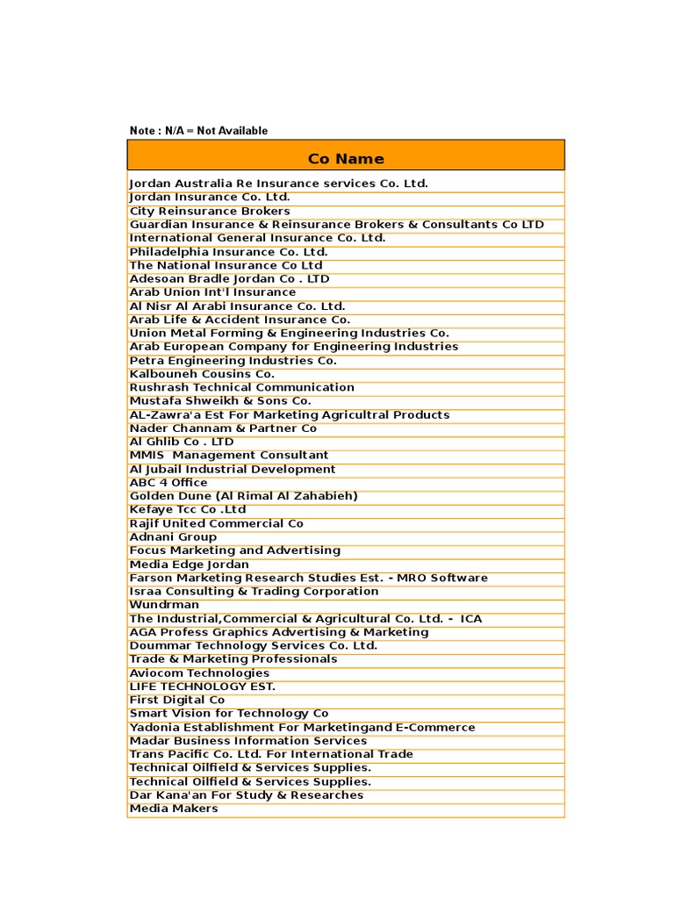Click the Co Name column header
point(346,159)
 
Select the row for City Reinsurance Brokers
point(210,211)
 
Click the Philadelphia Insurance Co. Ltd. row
point(228,252)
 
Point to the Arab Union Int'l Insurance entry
point(212,292)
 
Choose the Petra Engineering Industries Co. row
point(233,361)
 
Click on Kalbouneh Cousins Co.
point(202,374)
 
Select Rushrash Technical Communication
point(242,387)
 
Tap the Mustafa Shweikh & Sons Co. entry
point(220,401)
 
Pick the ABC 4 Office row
point(168,483)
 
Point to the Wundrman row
point(164,605)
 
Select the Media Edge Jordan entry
point(190,565)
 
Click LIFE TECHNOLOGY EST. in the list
point(203,687)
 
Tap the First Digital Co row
point(177,700)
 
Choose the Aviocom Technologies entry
point(199,673)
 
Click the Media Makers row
point(174,809)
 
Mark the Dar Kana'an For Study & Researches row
point(247,795)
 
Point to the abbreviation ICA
point(471,619)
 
